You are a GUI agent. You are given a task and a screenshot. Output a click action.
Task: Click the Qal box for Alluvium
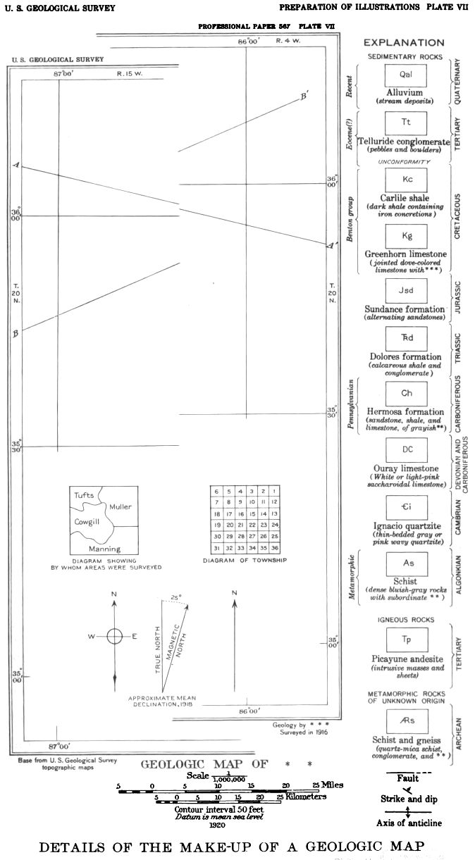405,75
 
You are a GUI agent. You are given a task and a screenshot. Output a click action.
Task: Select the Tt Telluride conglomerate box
406,123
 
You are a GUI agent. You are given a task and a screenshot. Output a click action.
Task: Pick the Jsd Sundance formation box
406,290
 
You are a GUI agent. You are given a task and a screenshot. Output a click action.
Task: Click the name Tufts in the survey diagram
84,495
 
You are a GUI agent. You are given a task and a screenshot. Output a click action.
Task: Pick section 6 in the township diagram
217,491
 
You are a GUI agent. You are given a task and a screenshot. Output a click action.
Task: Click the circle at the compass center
114,637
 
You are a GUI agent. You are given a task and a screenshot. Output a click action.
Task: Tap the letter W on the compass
91,637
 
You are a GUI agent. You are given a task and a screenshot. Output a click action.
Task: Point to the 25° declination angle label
177,597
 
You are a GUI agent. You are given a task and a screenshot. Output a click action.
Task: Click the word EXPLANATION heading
404,42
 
